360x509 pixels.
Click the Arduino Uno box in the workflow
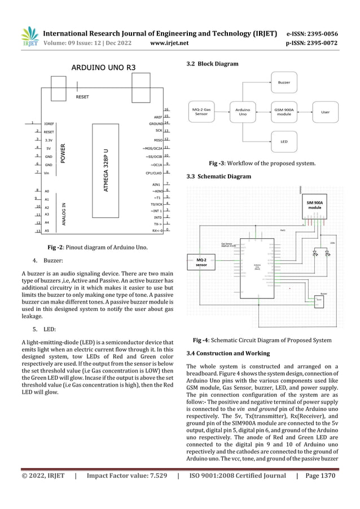click(x=243, y=111)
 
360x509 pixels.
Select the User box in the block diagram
click(x=325, y=111)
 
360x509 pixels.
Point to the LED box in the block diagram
click(x=285, y=141)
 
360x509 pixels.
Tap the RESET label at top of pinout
click(x=82, y=97)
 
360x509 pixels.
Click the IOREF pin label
click(x=49, y=123)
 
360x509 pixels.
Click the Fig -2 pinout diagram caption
click(x=98, y=248)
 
